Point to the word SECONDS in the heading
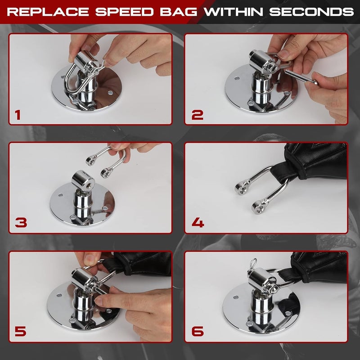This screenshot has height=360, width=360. (x=310, y=12)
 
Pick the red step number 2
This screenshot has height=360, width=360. (x=197, y=115)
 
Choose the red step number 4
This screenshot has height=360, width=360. (x=198, y=222)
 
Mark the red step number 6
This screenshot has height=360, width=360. (x=198, y=332)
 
